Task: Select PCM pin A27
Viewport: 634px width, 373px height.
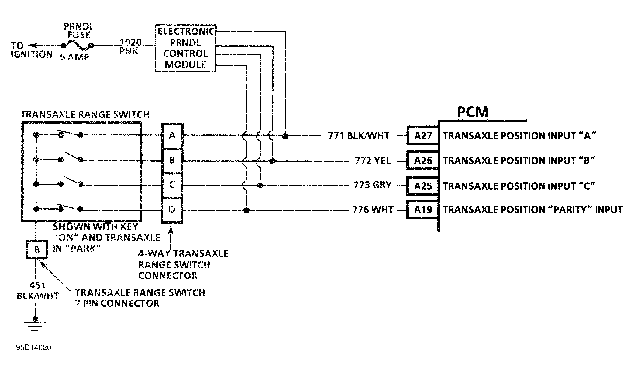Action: click(x=423, y=135)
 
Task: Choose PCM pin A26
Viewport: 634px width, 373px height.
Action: click(x=423, y=160)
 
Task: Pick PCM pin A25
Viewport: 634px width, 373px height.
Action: click(x=423, y=186)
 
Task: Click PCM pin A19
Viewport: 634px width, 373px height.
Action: click(x=423, y=209)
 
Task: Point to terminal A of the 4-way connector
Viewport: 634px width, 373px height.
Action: click(x=172, y=135)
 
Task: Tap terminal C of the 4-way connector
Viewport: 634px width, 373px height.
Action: click(x=172, y=185)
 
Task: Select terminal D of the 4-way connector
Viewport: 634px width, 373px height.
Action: click(x=172, y=210)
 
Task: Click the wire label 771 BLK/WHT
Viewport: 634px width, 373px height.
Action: click(x=359, y=135)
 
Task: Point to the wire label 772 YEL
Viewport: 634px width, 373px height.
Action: click(x=373, y=160)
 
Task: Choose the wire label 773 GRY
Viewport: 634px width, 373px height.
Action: click(x=372, y=185)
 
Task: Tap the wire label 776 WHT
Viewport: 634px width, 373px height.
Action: click(x=373, y=210)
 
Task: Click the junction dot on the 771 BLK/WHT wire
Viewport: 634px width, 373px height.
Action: click(x=285, y=136)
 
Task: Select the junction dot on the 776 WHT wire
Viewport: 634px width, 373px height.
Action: click(x=246, y=210)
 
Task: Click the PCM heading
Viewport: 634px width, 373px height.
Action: click(x=473, y=112)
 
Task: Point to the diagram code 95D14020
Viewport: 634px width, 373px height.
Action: click(x=34, y=348)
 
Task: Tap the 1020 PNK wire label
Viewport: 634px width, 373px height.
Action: click(x=130, y=46)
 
